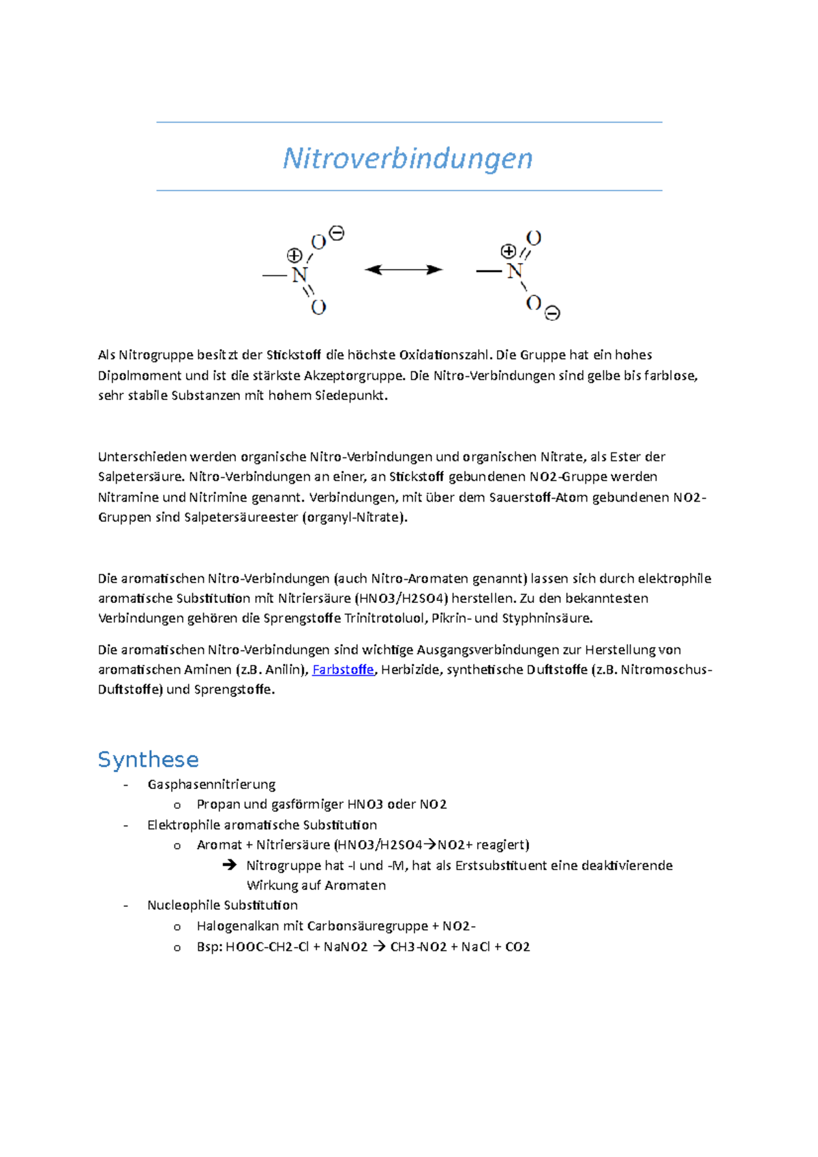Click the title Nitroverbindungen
click(408, 158)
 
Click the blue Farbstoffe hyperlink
click(343, 670)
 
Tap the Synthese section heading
click(148, 759)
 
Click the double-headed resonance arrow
click(404, 270)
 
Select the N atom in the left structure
click(300, 275)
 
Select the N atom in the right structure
click(515, 271)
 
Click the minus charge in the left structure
click(337, 234)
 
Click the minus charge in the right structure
click(553, 313)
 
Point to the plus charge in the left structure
click(294, 256)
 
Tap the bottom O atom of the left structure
click(318, 307)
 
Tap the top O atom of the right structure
click(534, 238)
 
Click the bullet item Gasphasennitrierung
click(211, 784)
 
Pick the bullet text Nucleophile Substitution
click(222, 906)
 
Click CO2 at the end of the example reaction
click(517, 947)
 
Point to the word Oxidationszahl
click(444, 355)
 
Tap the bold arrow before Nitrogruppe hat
click(229, 865)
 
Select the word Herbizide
click(411, 670)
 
